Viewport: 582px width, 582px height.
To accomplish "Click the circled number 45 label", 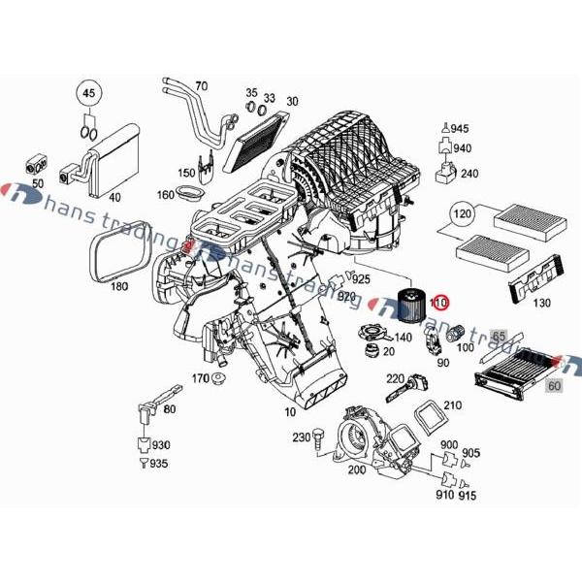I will (x=88, y=93).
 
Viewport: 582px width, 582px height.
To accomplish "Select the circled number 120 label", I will (x=462, y=213).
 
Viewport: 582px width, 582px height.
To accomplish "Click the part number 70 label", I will (x=201, y=85).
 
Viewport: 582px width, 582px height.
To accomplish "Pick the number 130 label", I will (x=540, y=304).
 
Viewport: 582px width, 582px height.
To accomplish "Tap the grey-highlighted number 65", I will (x=500, y=336).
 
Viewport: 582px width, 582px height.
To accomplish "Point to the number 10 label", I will (x=289, y=412).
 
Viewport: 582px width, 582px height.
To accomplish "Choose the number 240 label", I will (x=469, y=174).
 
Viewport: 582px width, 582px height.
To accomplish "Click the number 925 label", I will (x=361, y=278).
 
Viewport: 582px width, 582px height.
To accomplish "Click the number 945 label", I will (x=460, y=129).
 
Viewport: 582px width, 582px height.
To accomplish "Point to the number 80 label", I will (x=170, y=408).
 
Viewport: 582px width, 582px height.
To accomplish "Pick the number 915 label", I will (x=468, y=496).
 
